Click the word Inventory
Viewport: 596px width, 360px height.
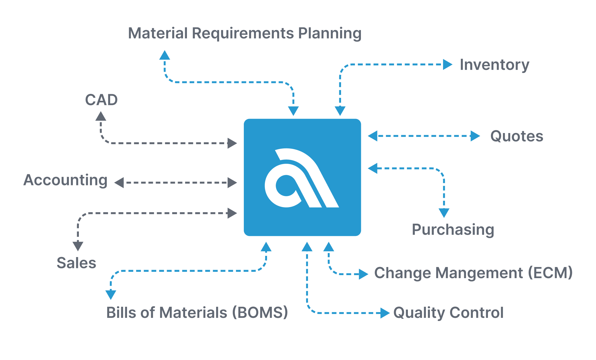coord(495,65)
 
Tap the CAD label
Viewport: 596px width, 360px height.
coord(101,100)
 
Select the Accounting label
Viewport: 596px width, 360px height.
coord(66,180)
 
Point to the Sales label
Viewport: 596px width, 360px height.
coord(76,263)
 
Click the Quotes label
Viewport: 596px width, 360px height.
coord(517,136)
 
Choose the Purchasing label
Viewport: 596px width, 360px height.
coord(453,230)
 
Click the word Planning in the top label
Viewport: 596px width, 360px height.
coord(330,33)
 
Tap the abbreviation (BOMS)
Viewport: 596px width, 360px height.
coord(260,312)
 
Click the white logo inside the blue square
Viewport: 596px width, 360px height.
coord(302,178)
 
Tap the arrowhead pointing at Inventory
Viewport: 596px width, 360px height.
coord(448,64)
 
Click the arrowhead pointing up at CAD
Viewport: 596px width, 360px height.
coord(101,116)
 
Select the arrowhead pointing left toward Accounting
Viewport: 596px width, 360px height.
coord(119,183)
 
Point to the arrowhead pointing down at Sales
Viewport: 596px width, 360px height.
coord(78,246)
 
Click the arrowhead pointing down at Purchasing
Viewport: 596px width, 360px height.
coord(444,213)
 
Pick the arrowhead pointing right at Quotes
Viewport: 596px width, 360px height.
coord(475,136)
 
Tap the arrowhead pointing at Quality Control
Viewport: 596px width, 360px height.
coord(385,313)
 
